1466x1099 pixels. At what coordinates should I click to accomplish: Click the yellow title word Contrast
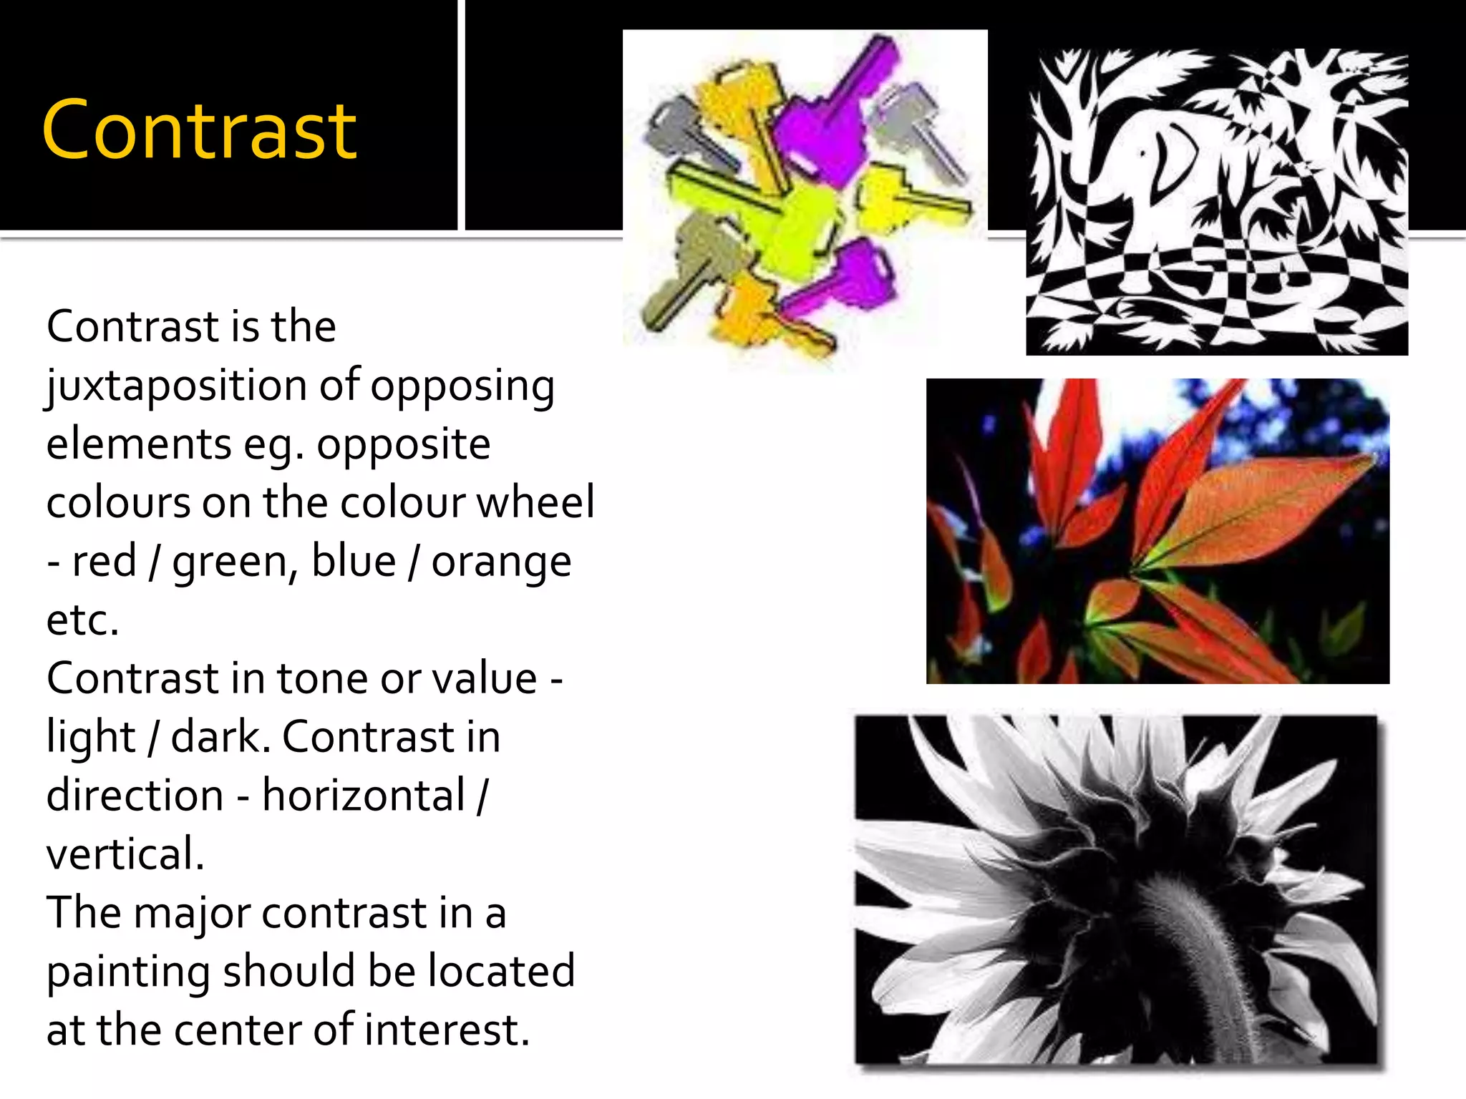(x=199, y=130)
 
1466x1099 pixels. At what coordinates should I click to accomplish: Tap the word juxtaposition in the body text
(x=175, y=386)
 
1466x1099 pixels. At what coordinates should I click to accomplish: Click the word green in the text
(x=229, y=562)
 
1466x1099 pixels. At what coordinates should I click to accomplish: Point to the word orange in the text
(x=501, y=562)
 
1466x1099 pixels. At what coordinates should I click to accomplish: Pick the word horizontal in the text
(x=364, y=796)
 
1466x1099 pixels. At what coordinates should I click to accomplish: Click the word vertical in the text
(x=125, y=854)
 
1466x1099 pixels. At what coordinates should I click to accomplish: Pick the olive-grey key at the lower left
(x=694, y=265)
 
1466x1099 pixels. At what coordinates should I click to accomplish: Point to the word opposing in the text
(x=462, y=386)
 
